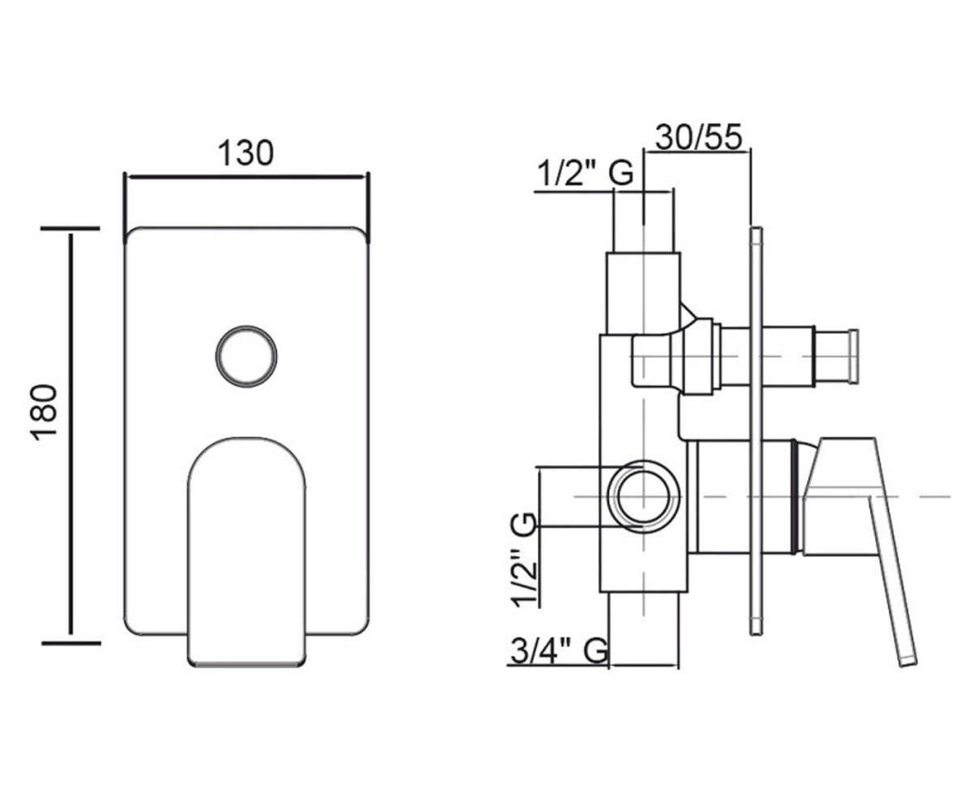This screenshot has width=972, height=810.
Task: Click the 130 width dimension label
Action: pos(245,153)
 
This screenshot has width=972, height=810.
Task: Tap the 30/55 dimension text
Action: pos(698,138)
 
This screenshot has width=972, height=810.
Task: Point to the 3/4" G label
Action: pos(559,650)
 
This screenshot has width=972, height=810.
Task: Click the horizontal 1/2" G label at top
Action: pos(586,173)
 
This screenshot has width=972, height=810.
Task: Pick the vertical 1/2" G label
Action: pos(525,560)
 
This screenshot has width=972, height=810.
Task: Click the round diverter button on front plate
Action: pos(246,356)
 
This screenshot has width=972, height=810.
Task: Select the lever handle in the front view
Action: pos(246,552)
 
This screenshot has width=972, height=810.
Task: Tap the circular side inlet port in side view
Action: pos(644,497)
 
